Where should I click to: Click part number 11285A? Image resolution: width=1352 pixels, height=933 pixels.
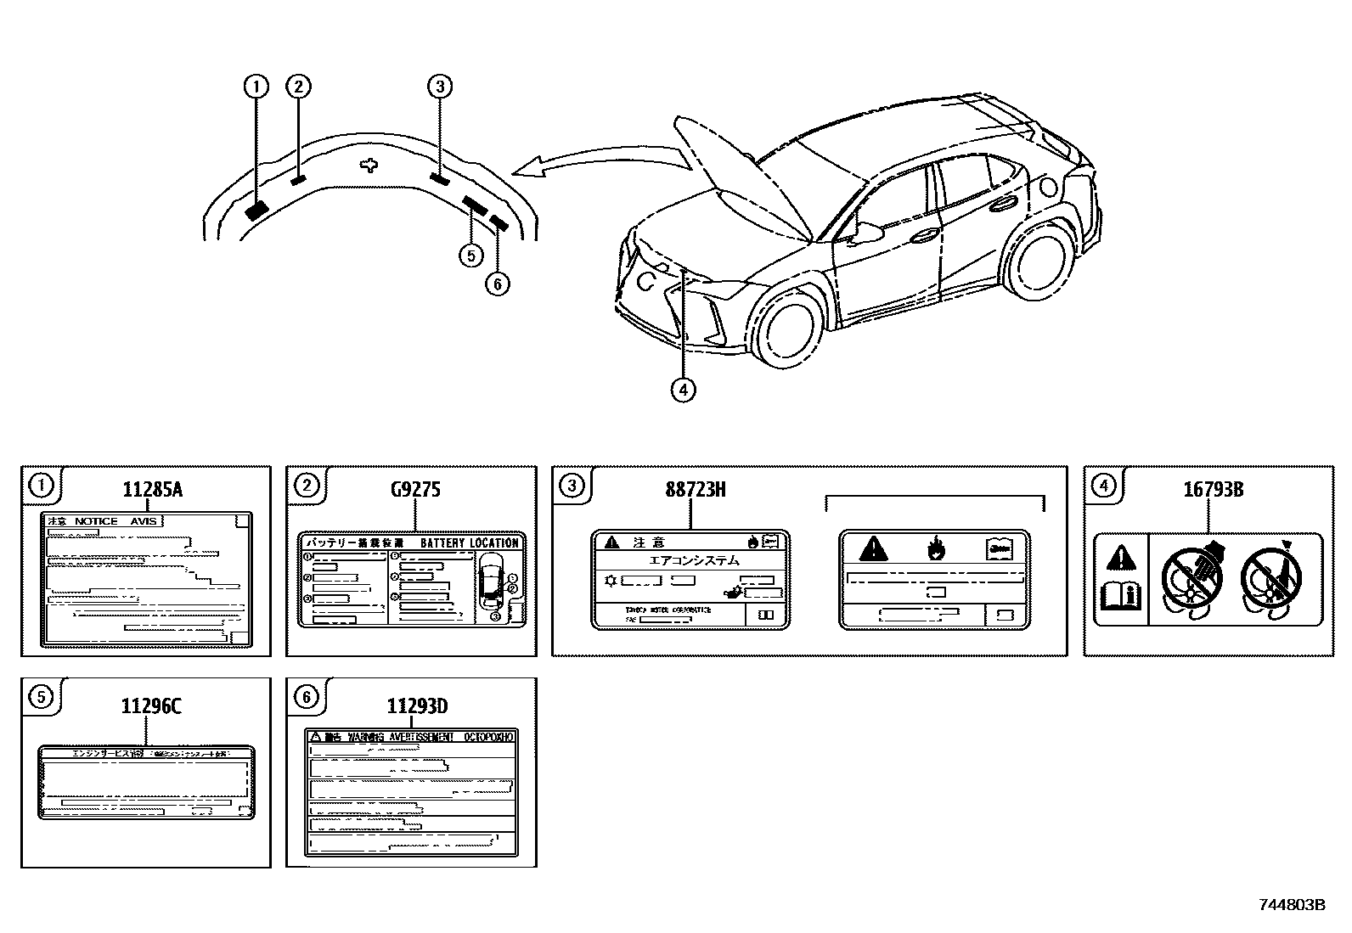coord(153,490)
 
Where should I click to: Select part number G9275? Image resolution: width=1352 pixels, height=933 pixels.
coord(415,490)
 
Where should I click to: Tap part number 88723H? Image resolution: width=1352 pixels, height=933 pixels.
coord(695,490)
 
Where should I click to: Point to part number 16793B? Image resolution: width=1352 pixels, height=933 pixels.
coord(1214,490)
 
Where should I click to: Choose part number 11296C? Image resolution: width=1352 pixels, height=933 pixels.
coord(152,706)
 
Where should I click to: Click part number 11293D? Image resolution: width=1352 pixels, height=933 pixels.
coord(417,706)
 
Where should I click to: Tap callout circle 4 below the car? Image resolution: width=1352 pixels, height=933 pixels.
coord(684,390)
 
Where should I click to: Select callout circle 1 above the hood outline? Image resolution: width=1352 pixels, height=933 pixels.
coord(256,86)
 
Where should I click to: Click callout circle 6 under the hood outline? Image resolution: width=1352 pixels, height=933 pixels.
coord(498,284)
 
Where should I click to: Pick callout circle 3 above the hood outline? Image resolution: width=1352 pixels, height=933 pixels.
coord(439,86)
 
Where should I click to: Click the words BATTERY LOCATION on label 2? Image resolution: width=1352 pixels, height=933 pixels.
coord(468,543)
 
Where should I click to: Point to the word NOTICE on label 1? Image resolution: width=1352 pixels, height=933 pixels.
coord(96,521)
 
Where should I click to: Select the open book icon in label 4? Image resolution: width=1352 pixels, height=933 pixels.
coord(1120,594)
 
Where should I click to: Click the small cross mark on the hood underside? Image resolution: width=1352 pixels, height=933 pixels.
coord(368,165)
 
